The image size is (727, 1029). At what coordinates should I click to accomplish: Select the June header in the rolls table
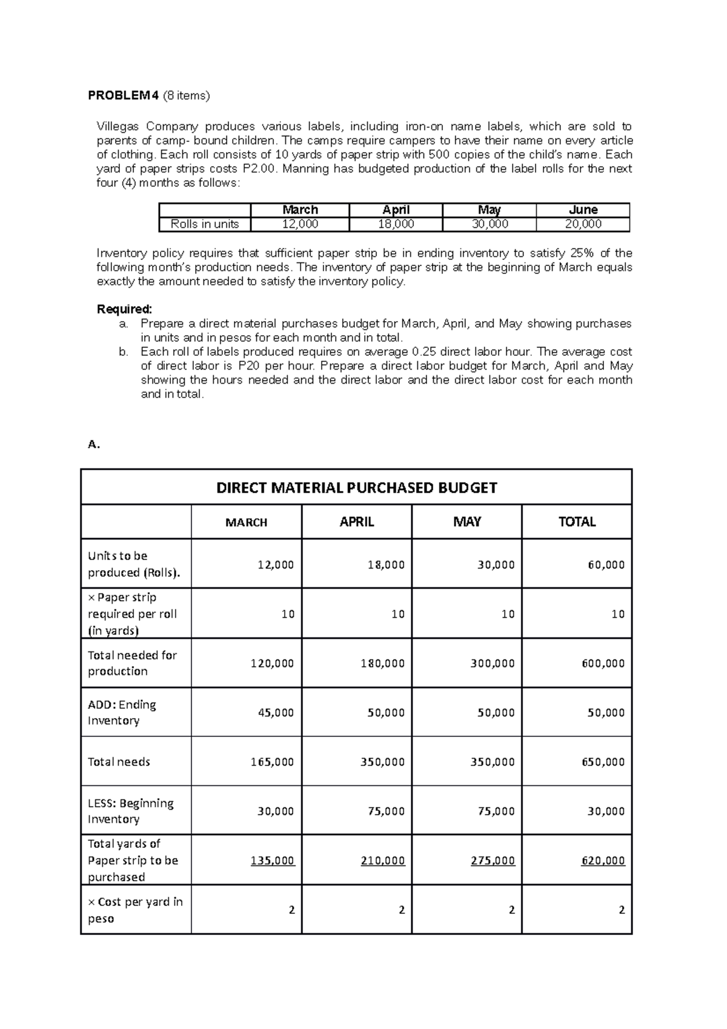(583, 210)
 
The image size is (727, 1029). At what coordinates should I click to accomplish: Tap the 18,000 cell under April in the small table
(396, 224)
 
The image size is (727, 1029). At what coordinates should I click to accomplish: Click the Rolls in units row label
(204, 224)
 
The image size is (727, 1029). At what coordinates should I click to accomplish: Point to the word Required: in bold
(124, 309)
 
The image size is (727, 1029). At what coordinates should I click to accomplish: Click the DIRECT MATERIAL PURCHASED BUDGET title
(356, 488)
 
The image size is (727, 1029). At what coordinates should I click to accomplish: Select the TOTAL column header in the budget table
(577, 522)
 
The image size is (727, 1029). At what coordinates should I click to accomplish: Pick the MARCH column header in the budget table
(246, 522)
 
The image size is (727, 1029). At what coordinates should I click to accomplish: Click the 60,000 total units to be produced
(606, 565)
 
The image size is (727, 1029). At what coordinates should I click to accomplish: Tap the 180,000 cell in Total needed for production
(382, 664)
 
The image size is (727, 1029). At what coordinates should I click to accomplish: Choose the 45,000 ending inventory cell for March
(276, 713)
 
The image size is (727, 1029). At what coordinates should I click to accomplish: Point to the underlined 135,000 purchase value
(273, 861)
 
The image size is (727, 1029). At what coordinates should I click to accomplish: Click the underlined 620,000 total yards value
(603, 861)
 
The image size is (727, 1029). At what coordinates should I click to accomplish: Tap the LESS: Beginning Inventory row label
(130, 811)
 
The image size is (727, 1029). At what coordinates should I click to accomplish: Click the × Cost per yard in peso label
(134, 910)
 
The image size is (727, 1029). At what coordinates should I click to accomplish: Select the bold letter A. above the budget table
(93, 445)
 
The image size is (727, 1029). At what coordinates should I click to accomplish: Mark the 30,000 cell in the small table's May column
(490, 224)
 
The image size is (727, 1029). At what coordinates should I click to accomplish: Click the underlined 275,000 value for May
(493, 861)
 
